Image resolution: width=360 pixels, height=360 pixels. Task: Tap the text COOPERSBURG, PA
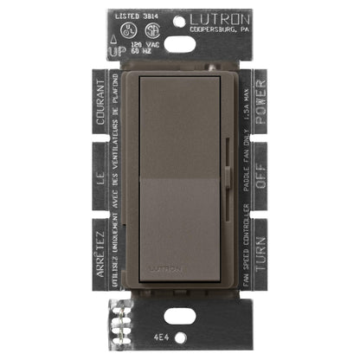[226, 29]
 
